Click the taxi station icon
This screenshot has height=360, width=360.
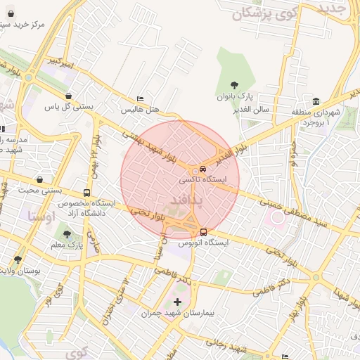tap(202, 169)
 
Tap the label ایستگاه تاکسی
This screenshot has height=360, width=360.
tap(204, 180)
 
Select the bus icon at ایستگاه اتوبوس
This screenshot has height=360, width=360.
tap(203, 232)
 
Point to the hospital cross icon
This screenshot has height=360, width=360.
tap(176, 302)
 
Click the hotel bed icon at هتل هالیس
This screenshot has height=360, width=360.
tap(141, 99)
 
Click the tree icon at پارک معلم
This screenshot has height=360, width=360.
tap(67, 234)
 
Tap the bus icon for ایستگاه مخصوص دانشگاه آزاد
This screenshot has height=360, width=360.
tap(86, 193)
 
